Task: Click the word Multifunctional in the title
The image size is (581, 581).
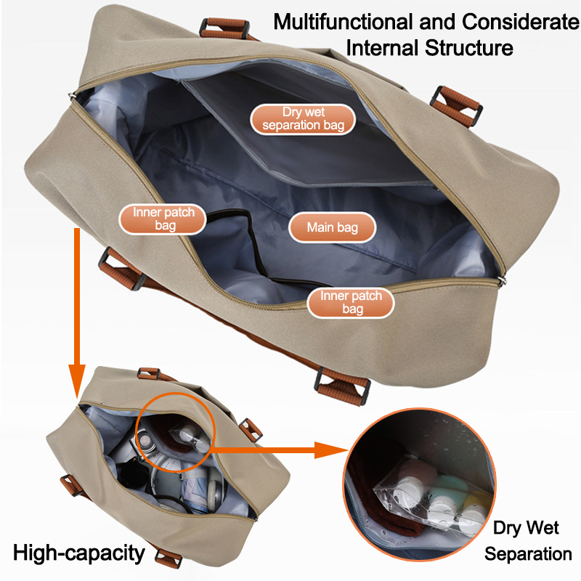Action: pos(343,22)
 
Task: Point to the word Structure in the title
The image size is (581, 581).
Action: pos(468,48)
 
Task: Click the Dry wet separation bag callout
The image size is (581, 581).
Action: pos(303,119)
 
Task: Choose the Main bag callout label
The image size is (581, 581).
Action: pos(333,227)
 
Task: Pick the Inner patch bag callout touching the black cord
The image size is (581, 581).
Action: pos(163,219)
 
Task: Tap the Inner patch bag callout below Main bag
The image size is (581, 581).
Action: pos(351,303)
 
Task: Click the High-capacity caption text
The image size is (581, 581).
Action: pos(79,553)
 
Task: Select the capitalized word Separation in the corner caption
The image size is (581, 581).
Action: pos(528,554)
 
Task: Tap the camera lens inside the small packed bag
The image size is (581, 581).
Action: pos(144,440)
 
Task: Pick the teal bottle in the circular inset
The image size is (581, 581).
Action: pos(447,488)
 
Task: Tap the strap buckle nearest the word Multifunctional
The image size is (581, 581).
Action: pos(224,28)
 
